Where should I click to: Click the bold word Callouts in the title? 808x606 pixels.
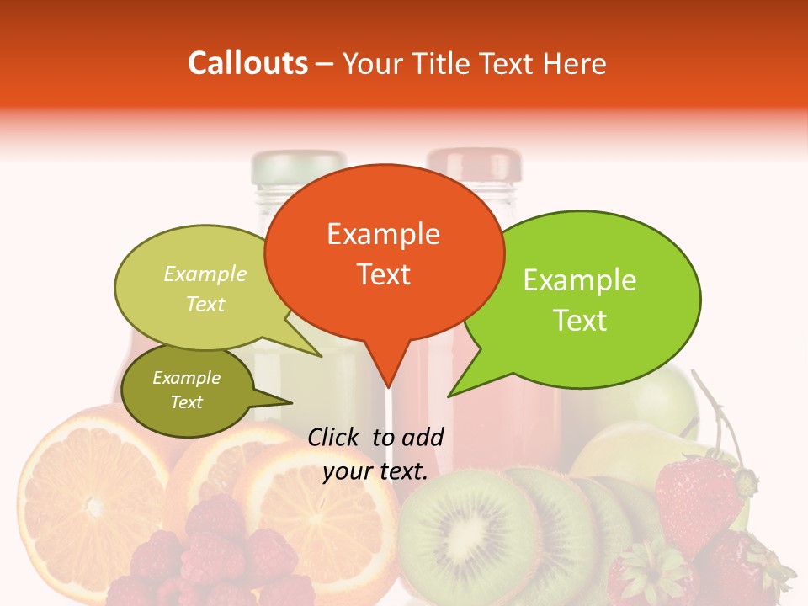(247, 63)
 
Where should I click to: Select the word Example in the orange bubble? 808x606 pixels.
(383, 234)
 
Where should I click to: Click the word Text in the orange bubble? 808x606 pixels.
(383, 274)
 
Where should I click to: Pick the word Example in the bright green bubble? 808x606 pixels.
(580, 280)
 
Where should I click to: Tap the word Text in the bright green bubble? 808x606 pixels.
(581, 321)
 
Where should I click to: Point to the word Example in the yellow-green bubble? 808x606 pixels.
(205, 274)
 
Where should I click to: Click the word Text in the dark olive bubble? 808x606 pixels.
(187, 402)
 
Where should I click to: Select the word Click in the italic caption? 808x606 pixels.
(336, 437)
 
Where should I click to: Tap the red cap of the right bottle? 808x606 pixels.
(474, 165)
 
